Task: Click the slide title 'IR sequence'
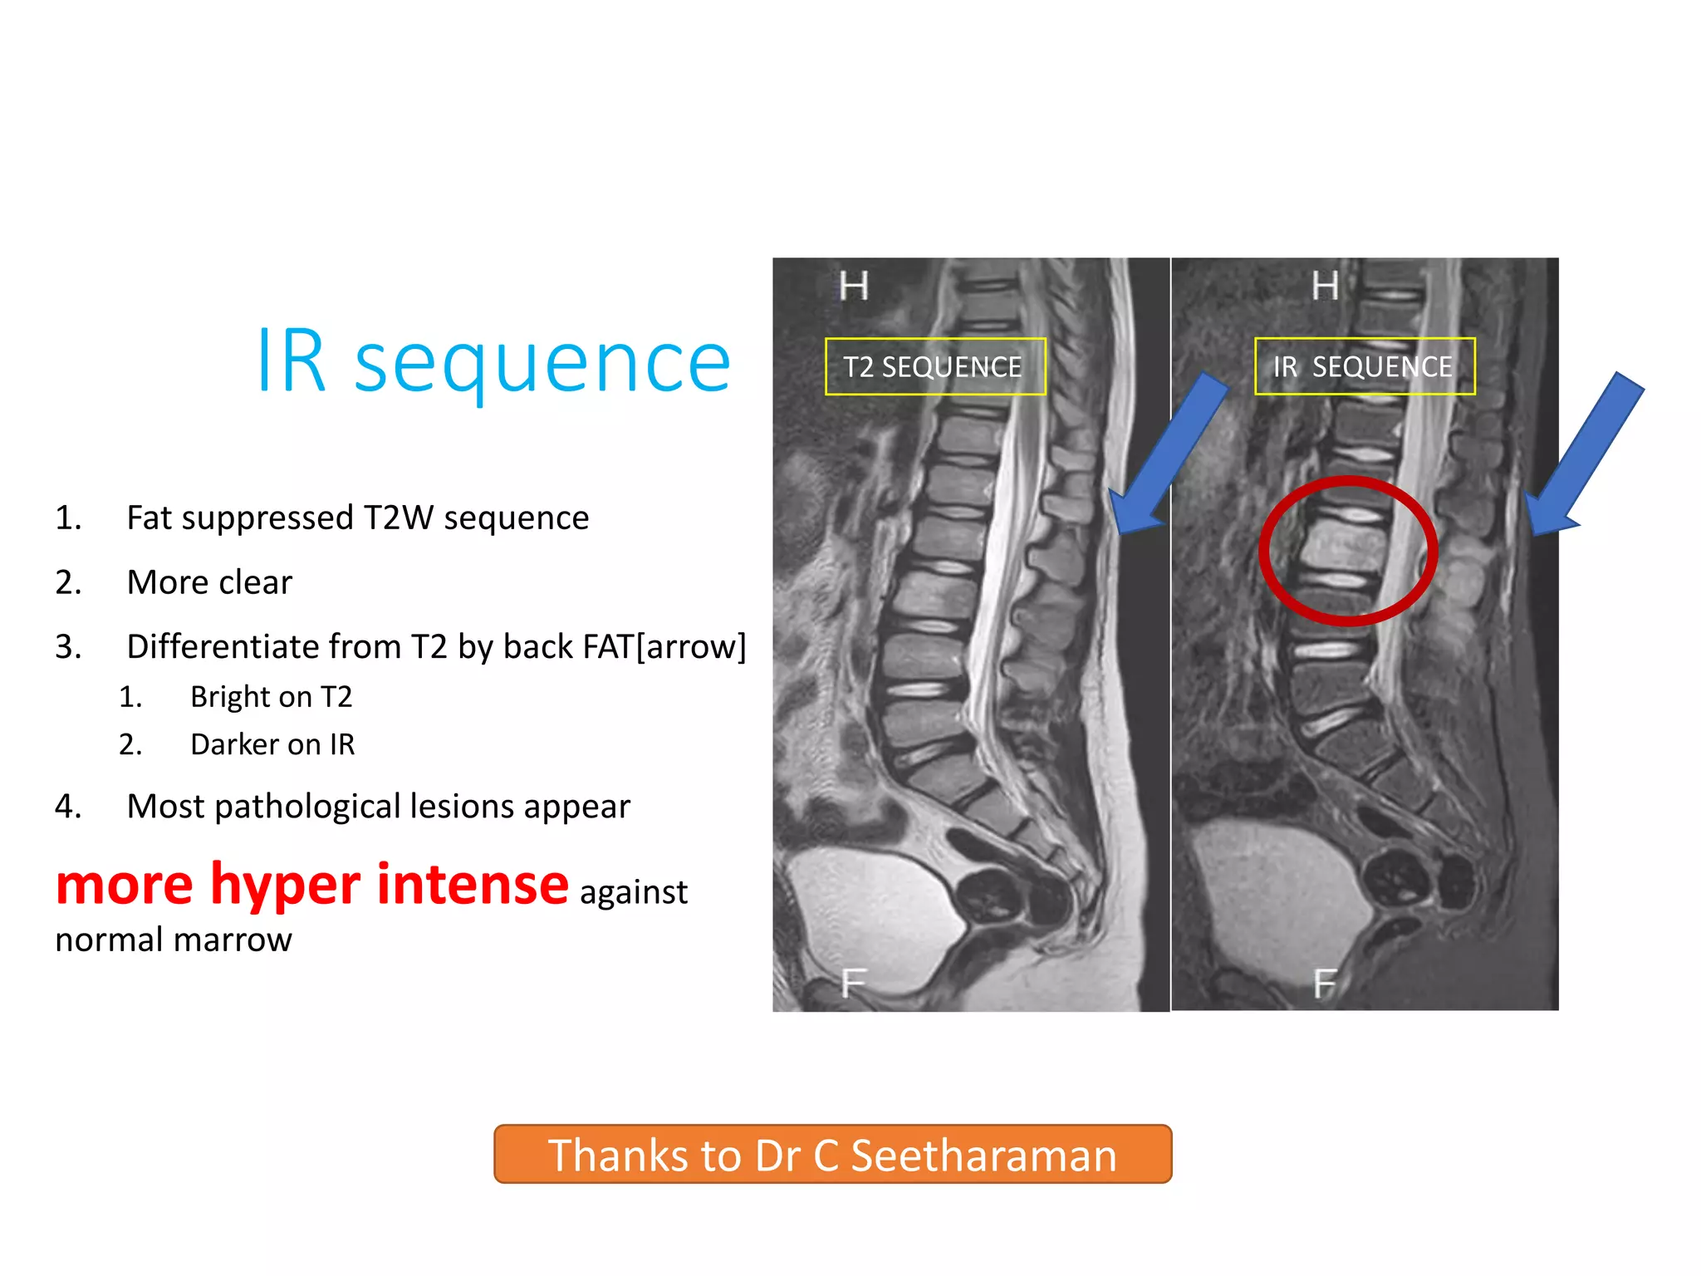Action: pyautogui.click(x=493, y=362)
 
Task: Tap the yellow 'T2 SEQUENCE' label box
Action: pyautogui.click(x=934, y=366)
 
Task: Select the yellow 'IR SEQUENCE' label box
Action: pyautogui.click(x=1364, y=366)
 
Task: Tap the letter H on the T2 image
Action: pyautogui.click(x=853, y=287)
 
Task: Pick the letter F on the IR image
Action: pyautogui.click(x=1324, y=984)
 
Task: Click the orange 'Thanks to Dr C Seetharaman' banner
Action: pyautogui.click(x=832, y=1154)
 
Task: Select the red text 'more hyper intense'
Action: pyautogui.click(x=312, y=885)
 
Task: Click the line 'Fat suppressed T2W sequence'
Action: pyautogui.click(x=357, y=518)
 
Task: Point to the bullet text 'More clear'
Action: pyautogui.click(x=209, y=582)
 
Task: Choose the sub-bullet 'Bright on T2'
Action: pyautogui.click(x=271, y=696)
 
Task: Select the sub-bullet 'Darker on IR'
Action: pyautogui.click(x=272, y=744)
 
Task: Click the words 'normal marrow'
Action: pyautogui.click(x=174, y=940)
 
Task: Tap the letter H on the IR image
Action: pyautogui.click(x=1324, y=287)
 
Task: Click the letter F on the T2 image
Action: pyautogui.click(x=853, y=984)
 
